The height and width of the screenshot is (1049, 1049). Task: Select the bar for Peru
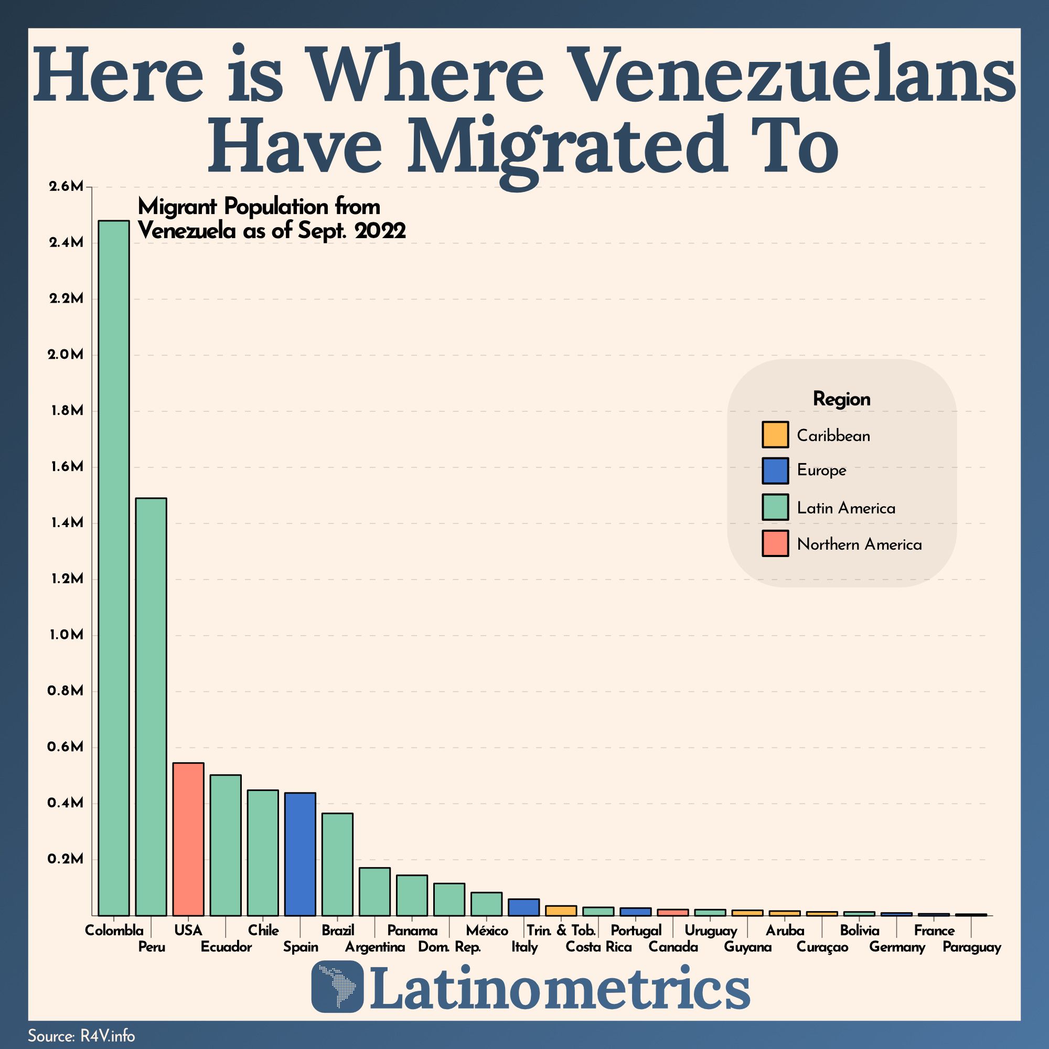pos(151,706)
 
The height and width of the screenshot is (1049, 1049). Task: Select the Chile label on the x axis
pos(263,930)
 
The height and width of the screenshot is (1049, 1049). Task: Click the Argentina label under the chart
pos(375,947)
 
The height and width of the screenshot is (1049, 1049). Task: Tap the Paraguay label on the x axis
pos(971,947)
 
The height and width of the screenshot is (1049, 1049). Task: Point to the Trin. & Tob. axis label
pos(561,930)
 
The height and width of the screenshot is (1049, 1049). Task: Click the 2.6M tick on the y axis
pos(66,187)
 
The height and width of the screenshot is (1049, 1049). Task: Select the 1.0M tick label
pos(66,635)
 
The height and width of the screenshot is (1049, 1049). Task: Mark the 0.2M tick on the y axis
pos(66,859)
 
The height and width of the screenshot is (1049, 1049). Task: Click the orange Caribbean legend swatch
pos(775,435)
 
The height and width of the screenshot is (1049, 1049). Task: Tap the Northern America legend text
pos(859,544)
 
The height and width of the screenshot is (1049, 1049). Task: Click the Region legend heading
pos(842,399)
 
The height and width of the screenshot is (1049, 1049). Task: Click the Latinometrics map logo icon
pos(337,987)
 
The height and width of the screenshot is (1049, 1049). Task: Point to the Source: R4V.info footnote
pos(81,1036)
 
